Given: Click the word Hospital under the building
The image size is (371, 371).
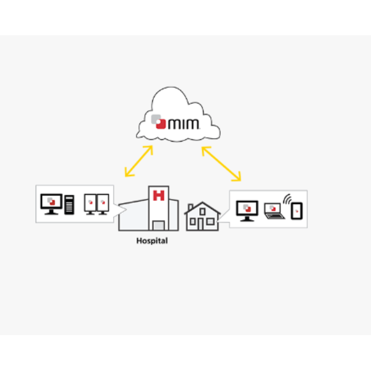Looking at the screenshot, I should point(151,241).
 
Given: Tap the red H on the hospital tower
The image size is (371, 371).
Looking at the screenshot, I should point(158,196).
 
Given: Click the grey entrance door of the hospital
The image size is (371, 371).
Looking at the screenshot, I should point(160,224).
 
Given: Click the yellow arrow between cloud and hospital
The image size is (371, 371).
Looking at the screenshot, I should point(139,161).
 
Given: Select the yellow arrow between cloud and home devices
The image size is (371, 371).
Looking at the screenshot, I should point(221,163).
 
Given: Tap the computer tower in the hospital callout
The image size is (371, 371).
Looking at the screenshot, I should point(69,205).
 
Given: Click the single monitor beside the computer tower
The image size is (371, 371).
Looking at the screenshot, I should point(51,204).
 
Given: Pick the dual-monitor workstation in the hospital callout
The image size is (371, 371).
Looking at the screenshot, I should point(96,204).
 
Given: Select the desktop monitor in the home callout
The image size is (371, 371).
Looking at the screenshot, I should point(247,210).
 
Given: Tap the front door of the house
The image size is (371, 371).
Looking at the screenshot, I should point(203,224).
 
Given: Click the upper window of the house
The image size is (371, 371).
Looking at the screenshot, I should point(202,211).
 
